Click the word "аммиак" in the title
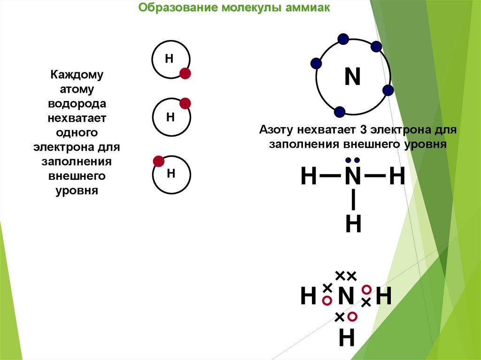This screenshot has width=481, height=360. pos(308,8)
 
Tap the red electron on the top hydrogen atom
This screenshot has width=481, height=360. pos(185,73)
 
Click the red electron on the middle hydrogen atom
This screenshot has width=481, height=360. pos(185,104)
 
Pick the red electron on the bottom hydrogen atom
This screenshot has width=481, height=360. pos(159,161)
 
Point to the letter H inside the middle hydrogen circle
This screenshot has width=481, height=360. pos(171,116)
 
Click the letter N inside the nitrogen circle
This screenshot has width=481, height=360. pos(352,77)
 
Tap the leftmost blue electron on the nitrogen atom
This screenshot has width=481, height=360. pos(316,63)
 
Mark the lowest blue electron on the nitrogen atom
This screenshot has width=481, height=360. pos(340,112)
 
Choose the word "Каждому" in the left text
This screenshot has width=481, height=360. pos(77,76)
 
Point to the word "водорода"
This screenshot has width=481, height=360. pos(77,104)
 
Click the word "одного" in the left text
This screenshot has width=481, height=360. pos(77,133)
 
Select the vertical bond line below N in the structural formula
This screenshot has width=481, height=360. pos(353,200)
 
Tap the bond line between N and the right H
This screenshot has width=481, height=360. pos(374,177)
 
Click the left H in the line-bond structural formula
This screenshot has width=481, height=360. pos(309,177)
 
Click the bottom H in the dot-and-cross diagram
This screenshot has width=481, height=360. pos(347,338)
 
